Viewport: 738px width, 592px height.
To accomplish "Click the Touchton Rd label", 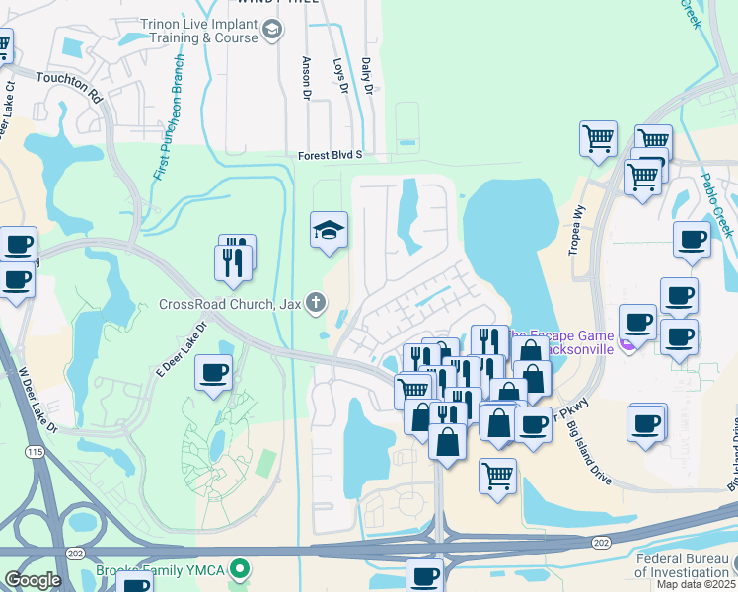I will [69, 87].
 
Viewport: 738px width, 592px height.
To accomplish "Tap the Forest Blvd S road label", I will [332, 155].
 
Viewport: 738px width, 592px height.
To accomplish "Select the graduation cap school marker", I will [330, 232].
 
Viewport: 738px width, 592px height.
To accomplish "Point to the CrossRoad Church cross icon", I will [315, 302].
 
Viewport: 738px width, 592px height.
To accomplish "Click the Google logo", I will [33, 580].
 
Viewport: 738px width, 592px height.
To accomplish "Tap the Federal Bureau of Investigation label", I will [683, 564].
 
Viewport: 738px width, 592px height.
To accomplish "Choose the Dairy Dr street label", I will [366, 76].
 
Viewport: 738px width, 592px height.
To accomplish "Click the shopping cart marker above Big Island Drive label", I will [497, 475].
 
